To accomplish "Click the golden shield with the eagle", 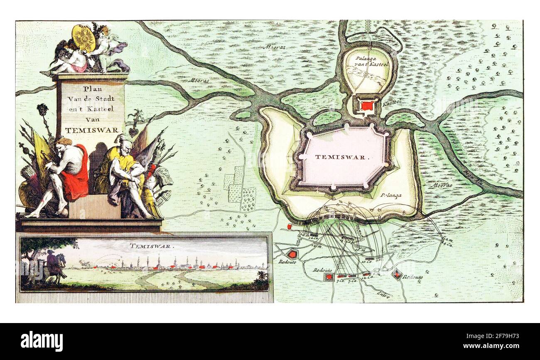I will [x=84, y=38].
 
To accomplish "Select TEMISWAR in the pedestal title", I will [x=91, y=130].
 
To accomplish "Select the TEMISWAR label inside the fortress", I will [x=342, y=157].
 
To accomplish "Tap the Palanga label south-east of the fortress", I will [x=390, y=195].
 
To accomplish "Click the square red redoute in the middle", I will [x=329, y=276].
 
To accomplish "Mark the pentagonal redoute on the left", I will [x=293, y=254].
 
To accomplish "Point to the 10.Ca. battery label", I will [x=366, y=262].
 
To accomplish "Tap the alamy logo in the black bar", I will [x=42, y=341].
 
